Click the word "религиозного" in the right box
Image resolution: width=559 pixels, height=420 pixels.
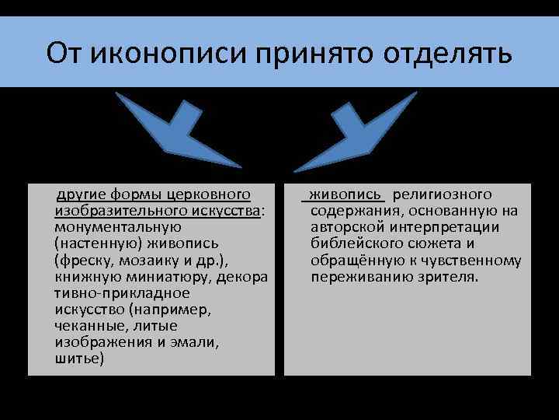[442, 194]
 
